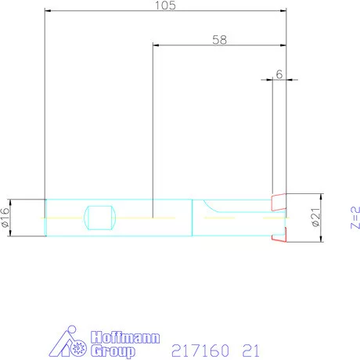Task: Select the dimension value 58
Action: pyautogui.click(x=219, y=40)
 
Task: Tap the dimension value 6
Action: pyautogui.click(x=279, y=74)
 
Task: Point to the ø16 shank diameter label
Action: pyautogui.click(x=6, y=218)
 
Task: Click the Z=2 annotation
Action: pyautogui.click(x=353, y=216)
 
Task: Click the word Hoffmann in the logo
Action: pyautogui.click(x=124, y=338)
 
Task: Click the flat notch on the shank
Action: pyautogui.click(x=99, y=218)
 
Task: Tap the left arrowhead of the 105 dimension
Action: pyautogui.click(x=48, y=11)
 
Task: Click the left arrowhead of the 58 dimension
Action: pyautogui.click(x=155, y=45)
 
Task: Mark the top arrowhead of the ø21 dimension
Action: pyautogui.click(x=321, y=196)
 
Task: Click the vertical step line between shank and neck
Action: pyautogui.click(x=193, y=218)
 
